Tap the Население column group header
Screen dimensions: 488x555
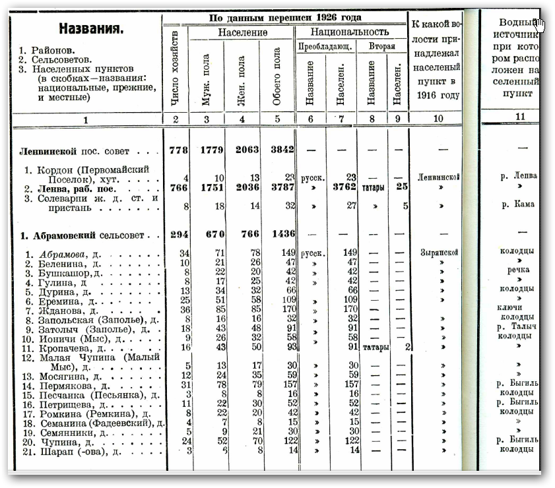(x=243, y=32)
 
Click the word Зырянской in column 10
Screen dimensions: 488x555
(x=438, y=253)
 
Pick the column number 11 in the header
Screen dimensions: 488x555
(x=520, y=117)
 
